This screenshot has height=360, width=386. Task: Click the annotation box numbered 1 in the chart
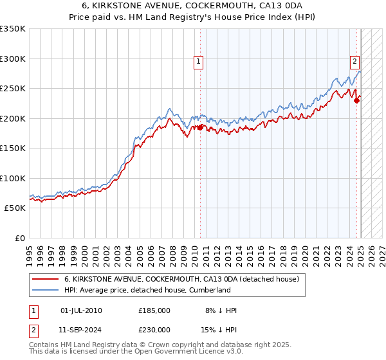199,62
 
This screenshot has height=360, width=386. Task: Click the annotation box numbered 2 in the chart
354,62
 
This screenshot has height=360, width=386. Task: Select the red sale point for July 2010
200,127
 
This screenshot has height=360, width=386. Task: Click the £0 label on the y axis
19,238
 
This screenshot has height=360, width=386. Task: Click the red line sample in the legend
45,279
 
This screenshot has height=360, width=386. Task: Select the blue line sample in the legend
45,290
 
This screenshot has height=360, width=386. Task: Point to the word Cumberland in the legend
208,290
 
